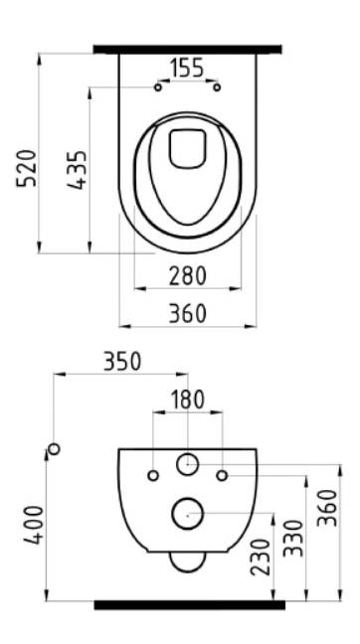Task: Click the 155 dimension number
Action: click(187, 68)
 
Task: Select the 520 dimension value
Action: click(27, 168)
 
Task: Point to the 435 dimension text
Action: click(78, 170)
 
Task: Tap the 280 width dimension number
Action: click(187, 276)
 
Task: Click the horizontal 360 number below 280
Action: click(187, 314)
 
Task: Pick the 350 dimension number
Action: click(122, 362)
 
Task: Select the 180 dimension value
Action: click(187, 400)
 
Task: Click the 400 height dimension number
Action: click(34, 525)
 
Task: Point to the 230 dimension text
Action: click(261, 558)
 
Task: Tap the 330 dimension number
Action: click(293, 538)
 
